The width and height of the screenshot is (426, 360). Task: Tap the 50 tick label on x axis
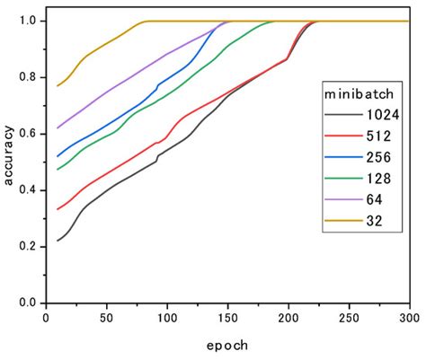pyautogui.click(x=106, y=318)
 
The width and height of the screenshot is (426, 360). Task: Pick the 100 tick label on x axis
pyautogui.click(x=166, y=318)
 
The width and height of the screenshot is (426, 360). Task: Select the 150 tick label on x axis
pyautogui.click(x=227, y=318)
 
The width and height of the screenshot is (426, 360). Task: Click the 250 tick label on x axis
pyautogui.click(x=349, y=318)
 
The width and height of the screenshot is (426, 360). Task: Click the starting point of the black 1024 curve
pyautogui.click(x=58, y=241)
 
